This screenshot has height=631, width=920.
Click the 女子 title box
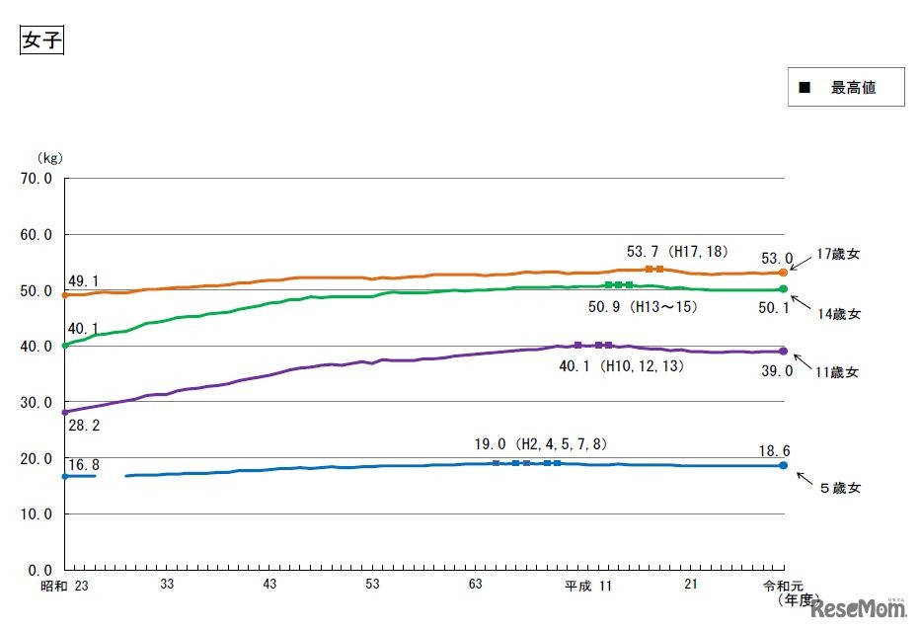(x=41, y=40)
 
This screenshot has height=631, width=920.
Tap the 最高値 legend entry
(x=846, y=87)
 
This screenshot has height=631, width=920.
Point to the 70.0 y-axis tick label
(x=37, y=179)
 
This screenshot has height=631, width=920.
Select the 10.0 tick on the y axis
(x=37, y=514)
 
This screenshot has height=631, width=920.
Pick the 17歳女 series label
(x=838, y=254)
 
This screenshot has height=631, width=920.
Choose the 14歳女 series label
(x=839, y=314)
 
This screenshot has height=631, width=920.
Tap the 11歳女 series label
(x=839, y=372)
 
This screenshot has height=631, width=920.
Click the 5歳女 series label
(x=839, y=487)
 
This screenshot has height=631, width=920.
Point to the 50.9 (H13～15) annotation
(x=643, y=306)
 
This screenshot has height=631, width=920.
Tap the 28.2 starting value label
(x=82, y=425)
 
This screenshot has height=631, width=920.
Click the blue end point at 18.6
(x=784, y=465)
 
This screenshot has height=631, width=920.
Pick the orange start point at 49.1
(x=65, y=294)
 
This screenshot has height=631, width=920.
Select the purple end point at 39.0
(x=784, y=351)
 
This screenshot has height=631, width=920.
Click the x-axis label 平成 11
(x=588, y=586)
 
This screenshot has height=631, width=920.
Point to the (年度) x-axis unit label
(x=798, y=599)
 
